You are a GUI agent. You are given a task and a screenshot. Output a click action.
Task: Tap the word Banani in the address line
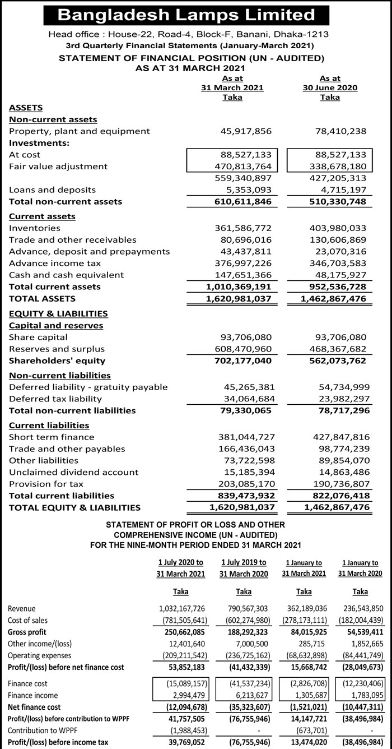[x=237, y=34]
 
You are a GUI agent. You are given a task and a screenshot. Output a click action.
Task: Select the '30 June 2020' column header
[x=329, y=88]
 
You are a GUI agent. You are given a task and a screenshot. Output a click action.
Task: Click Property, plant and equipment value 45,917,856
[x=244, y=131]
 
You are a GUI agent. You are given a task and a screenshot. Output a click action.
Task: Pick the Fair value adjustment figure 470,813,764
[x=244, y=167]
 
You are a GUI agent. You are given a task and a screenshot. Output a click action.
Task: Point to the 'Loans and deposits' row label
[x=52, y=190]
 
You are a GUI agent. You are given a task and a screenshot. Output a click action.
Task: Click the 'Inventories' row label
[x=35, y=228]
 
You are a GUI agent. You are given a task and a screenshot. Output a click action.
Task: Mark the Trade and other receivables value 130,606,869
[x=338, y=240]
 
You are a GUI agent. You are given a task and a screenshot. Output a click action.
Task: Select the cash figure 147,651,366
[x=244, y=275]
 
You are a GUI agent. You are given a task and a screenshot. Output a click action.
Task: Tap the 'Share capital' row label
[x=38, y=337]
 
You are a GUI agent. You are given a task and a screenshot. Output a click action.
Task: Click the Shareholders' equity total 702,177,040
[x=243, y=361]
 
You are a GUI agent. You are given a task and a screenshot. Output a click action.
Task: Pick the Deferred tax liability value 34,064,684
[x=246, y=399]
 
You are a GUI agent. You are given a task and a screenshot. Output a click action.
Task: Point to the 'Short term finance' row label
[x=52, y=437]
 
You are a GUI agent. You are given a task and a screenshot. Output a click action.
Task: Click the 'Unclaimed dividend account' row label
[x=73, y=473]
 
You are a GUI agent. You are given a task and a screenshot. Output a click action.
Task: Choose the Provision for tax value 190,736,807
[x=338, y=484]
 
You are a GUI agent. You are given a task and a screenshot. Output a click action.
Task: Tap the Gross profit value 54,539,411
[x=362, y=632]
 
